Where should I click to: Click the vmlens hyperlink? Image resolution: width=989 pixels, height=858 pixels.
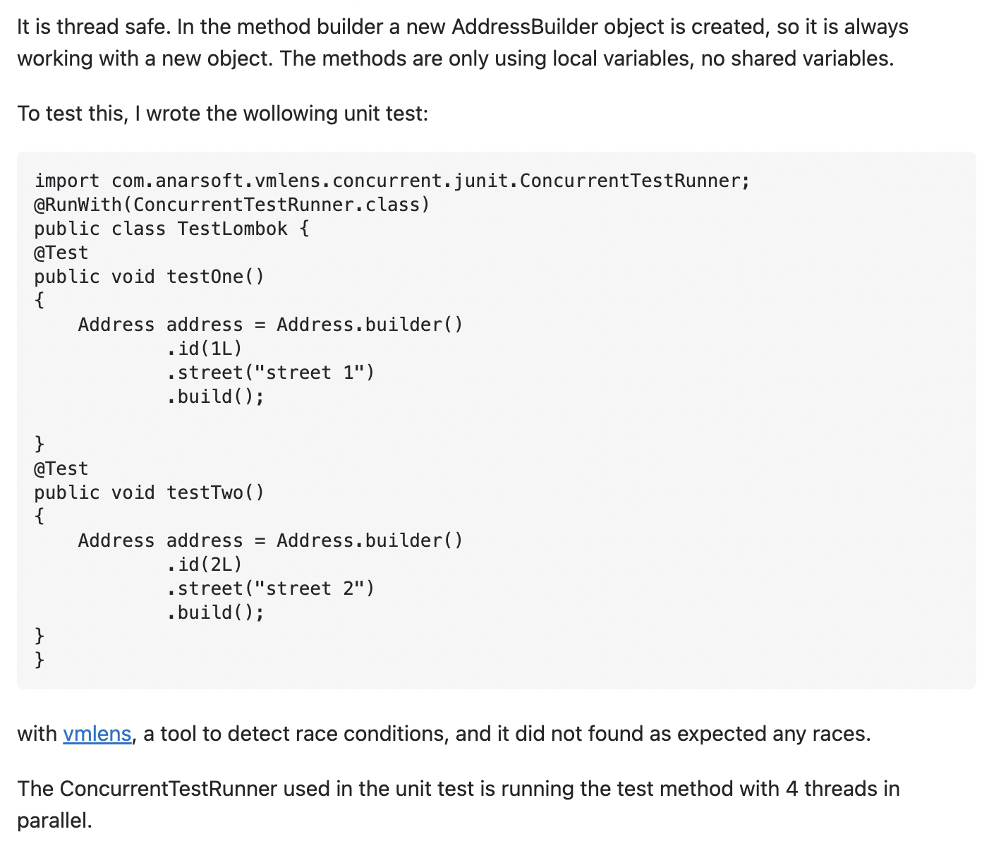click(97, 734)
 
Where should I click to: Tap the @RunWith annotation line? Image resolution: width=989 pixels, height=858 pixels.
click(232, 205)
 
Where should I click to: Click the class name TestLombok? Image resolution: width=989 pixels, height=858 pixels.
click(232, 229)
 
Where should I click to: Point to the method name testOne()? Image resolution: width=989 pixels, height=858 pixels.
click(215, 277)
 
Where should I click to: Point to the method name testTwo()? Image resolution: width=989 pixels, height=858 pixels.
click(215, 493)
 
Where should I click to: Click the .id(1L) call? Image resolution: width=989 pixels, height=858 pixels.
click(205, 349)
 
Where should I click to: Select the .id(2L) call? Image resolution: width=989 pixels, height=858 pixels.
click(205, 564)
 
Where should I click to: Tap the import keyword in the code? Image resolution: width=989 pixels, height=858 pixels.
click(67, 181)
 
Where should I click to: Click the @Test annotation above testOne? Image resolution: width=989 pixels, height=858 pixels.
click(61, 253)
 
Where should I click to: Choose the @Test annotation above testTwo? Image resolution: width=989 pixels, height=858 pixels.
click(61, 469)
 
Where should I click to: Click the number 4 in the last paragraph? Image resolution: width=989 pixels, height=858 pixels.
click(791, 788)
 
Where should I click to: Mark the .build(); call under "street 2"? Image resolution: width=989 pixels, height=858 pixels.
click(215, 612)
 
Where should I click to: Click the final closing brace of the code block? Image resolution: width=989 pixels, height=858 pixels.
click(40, 660)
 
